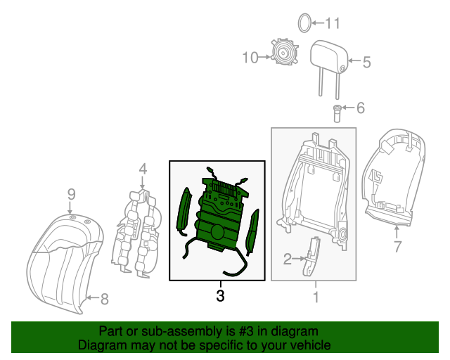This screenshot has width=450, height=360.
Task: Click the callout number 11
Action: pos(331,24)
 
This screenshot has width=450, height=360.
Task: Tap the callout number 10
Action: pos(251,58)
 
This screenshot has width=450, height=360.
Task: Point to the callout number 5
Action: pos(366,62)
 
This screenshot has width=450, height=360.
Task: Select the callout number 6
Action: pos(361,108)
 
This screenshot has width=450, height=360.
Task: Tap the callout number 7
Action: pos(397,246)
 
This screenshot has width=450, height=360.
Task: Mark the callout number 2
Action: pos(287,259)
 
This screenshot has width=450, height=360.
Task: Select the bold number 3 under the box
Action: pos(220,297)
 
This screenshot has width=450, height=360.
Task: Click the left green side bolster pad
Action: pos(183,210)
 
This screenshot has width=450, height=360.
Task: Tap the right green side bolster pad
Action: pos(254,231)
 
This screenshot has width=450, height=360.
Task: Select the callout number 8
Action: pos(104,300)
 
